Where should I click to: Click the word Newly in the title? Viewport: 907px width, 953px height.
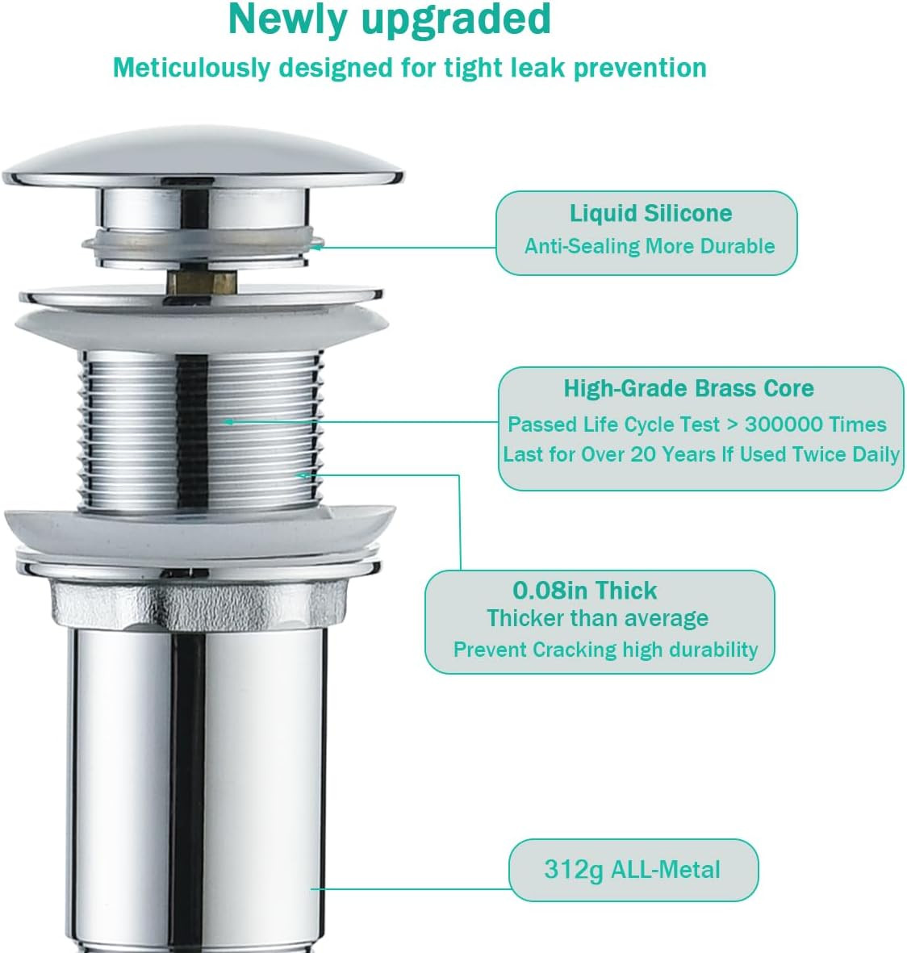[x=288, y=20]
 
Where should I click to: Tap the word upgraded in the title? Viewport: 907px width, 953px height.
[x=456, y=21]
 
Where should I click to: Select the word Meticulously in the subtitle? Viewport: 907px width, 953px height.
[x=191, y=69]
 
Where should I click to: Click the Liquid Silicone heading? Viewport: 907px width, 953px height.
[x=650, y=213]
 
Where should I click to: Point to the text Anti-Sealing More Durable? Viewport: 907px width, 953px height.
[x=650, y=246]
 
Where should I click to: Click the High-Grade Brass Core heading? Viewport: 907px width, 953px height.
[x=689, y=388]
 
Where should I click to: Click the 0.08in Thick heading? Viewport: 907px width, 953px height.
[x=585, y=591]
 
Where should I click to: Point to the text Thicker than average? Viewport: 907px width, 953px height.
[x=598, y=619]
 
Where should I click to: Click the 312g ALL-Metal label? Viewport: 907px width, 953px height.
[x=632, y=870]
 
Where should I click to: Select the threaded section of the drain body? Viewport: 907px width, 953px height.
[x=201, y=433]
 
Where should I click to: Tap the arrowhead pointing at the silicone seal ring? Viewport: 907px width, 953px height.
[x=316, y=248]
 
